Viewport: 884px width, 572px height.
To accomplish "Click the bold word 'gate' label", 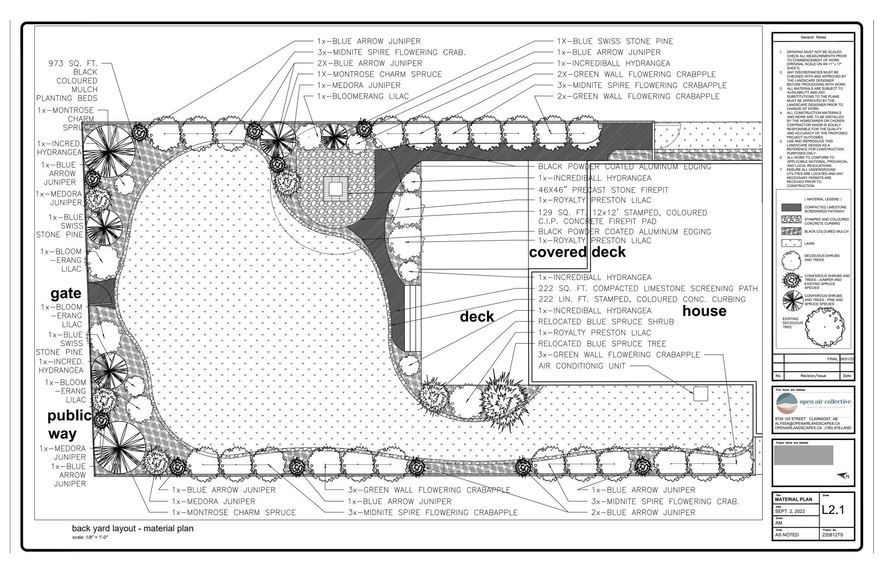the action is [66, 294].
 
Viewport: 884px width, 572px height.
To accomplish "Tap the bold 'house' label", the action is [704, 311].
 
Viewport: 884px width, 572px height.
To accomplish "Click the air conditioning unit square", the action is [700, 394].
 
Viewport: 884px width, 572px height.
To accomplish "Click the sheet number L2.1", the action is [833, 510].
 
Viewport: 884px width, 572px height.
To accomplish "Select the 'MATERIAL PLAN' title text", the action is [793, 499].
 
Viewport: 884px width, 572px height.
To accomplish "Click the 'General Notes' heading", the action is [813, 37].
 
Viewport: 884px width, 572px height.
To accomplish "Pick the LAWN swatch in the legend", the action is [791, 243].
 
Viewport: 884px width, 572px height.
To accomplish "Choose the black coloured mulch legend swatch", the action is [791, 231].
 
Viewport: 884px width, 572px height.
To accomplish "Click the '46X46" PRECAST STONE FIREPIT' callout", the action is [603, 190].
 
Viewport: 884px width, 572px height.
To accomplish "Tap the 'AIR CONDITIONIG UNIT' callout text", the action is [582, 366].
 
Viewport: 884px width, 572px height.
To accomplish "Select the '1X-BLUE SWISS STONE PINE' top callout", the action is [615, 41].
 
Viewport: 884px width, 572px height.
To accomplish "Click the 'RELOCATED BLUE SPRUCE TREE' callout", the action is [602, 343].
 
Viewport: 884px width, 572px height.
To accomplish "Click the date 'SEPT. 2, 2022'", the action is [790, 511].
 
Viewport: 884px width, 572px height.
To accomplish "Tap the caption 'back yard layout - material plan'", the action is [133, 528].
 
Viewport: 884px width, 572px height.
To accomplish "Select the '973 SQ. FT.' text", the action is [73, 64].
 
